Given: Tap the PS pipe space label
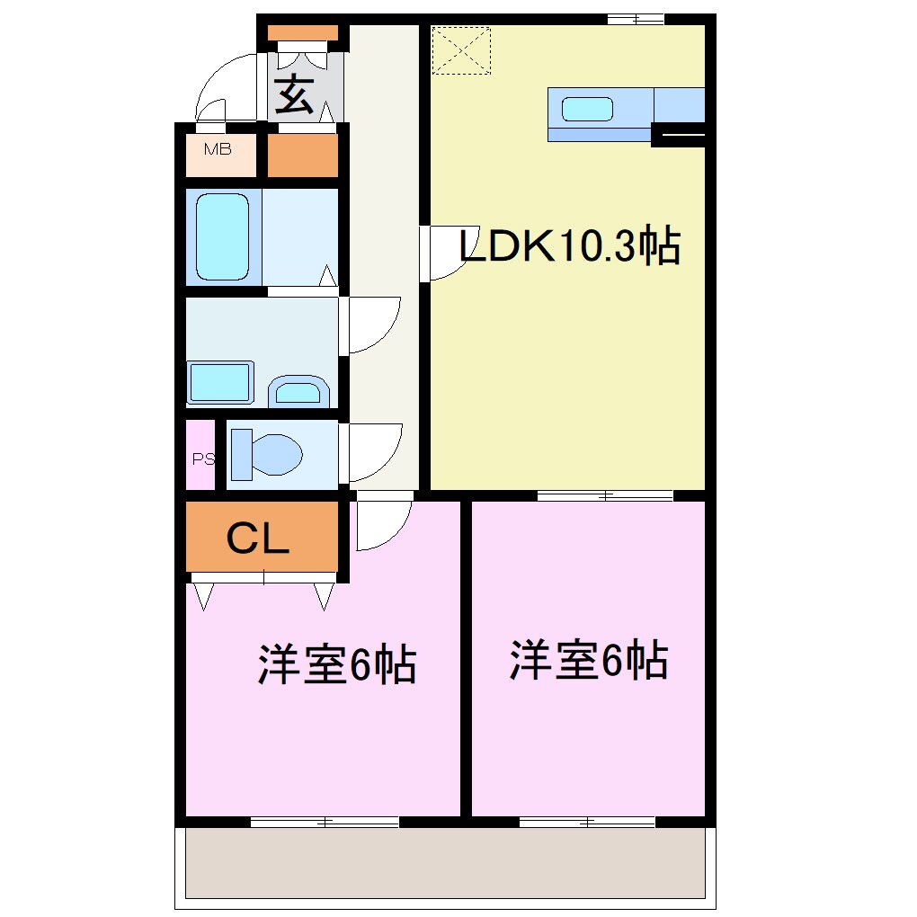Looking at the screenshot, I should pos(203,458).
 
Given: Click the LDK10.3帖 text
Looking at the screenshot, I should pos(569,246).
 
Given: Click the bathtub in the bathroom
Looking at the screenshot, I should pos(222,236).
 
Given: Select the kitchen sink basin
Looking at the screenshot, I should pos(588,110).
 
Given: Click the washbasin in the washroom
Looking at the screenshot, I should pos(298,392).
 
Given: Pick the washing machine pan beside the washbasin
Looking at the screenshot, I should pos(221,383).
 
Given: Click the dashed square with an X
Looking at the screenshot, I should pos(461,51).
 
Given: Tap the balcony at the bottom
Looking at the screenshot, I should pos(445,863).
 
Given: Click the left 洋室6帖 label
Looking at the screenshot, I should pos(337,664).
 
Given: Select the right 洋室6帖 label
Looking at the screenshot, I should pos(589,661).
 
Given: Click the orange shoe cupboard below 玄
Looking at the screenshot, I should pos(303,156).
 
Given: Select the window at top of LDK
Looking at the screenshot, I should pos(635,19).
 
